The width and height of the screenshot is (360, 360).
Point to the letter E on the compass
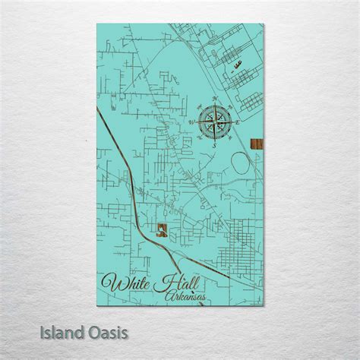coord(238,122)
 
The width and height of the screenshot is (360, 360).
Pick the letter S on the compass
coord(215,144)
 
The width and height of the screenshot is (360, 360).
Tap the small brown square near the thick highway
coord(161,232)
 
